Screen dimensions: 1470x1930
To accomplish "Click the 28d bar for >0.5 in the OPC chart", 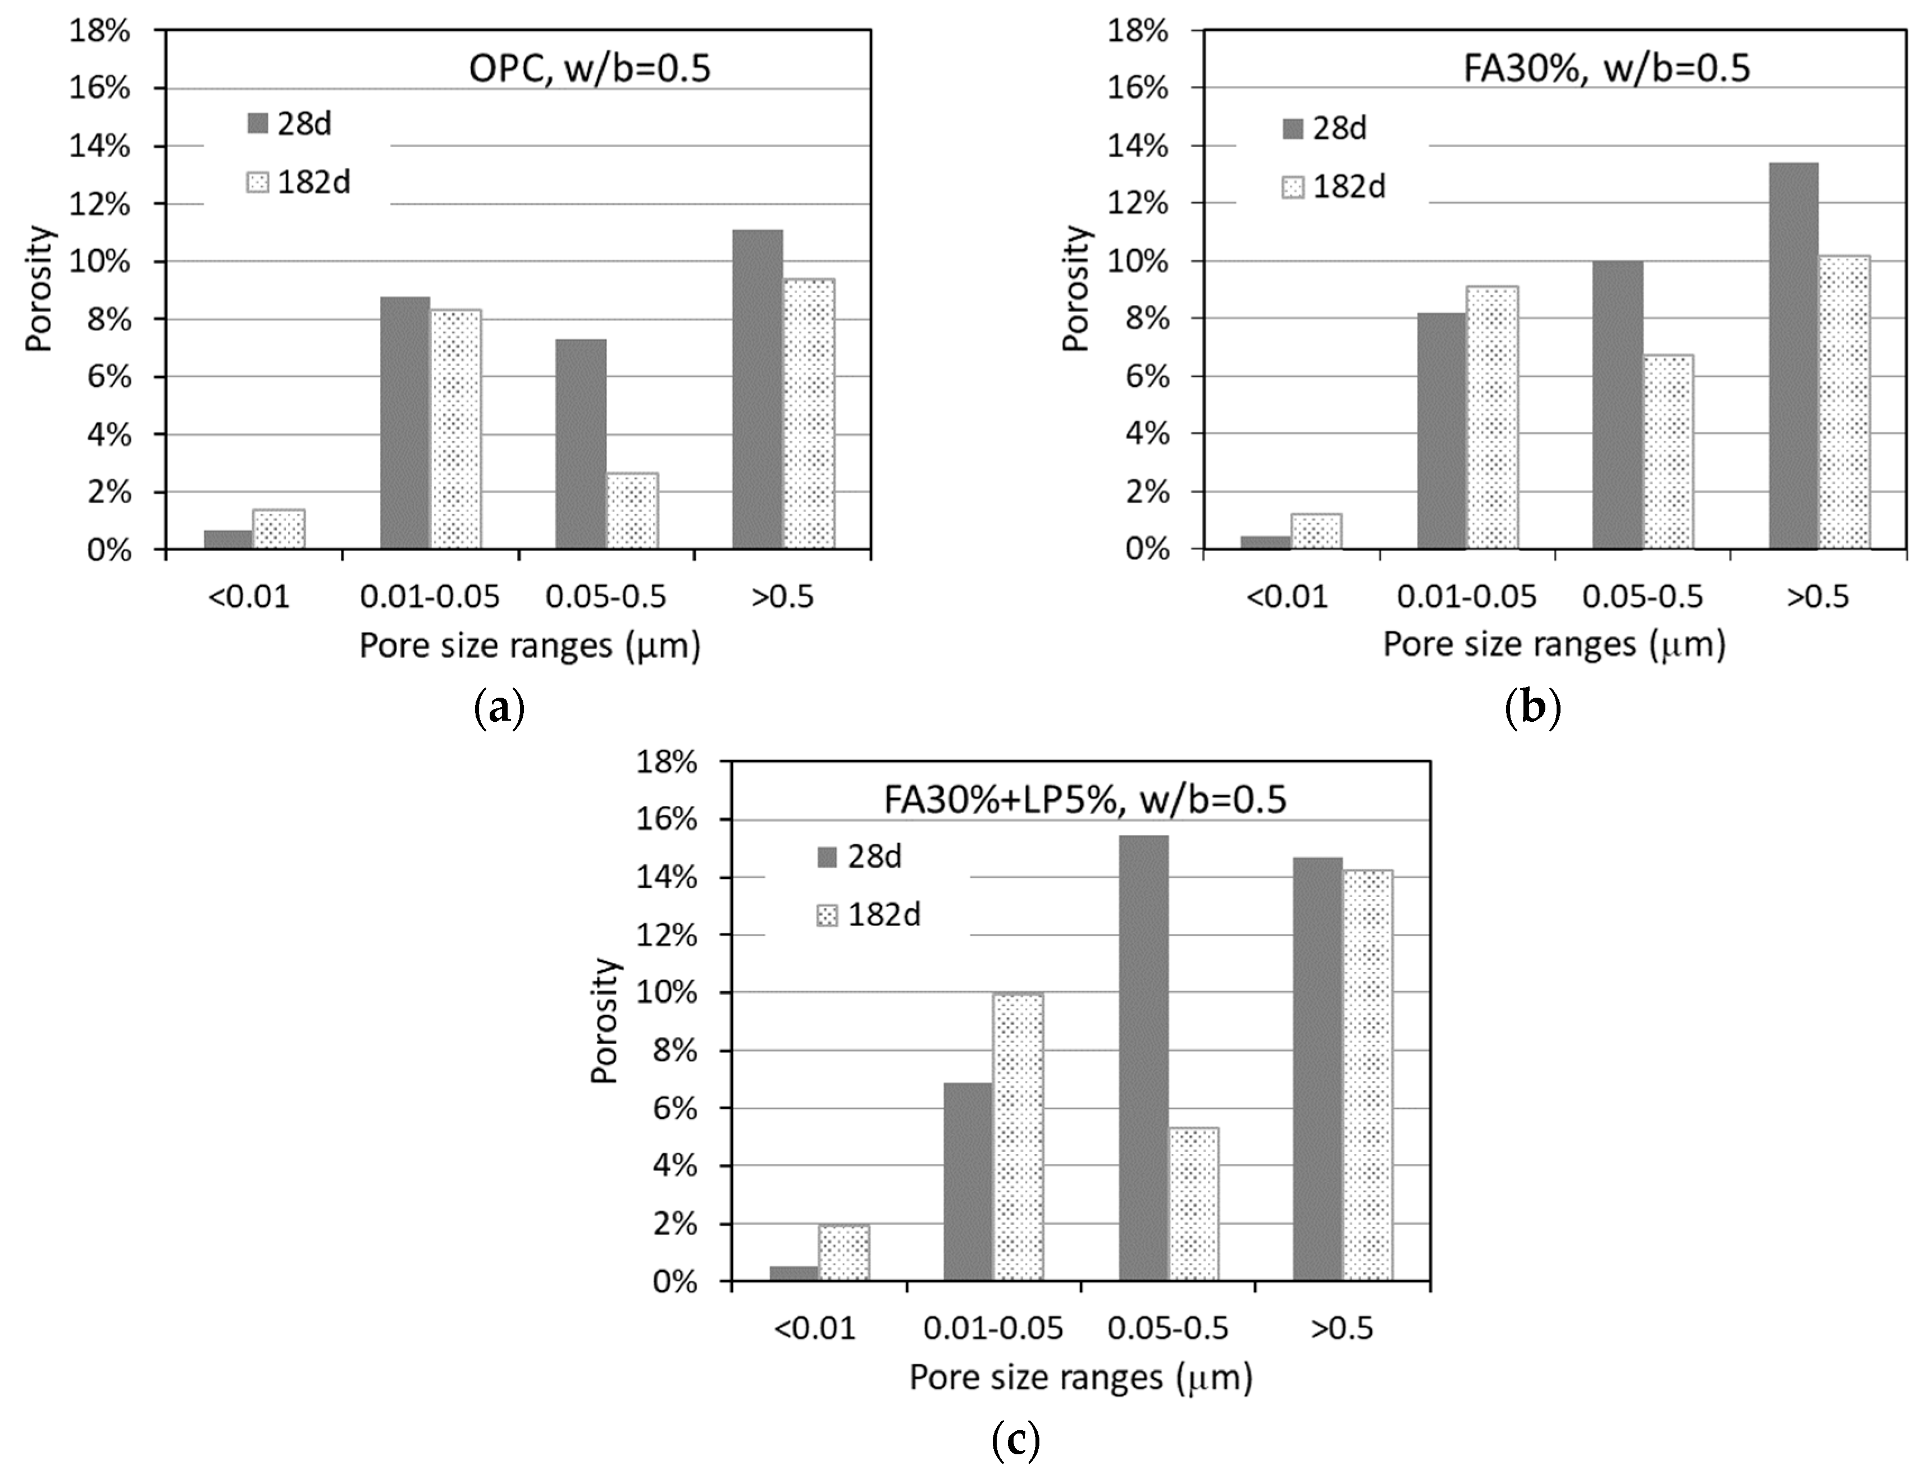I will coord(757,390).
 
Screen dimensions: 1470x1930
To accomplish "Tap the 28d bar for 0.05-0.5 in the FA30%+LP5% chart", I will coord(1143,1058).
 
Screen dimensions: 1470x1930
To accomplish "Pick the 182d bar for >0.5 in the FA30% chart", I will coord(1844,402).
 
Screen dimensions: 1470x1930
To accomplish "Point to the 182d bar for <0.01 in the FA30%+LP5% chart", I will coord(844,1252).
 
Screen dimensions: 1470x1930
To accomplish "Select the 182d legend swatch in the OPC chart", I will coord(258,183).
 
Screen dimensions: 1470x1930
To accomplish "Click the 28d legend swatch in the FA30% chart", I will coord(1294,129).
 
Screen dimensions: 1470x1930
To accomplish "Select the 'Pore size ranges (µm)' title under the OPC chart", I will coord(530,645).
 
